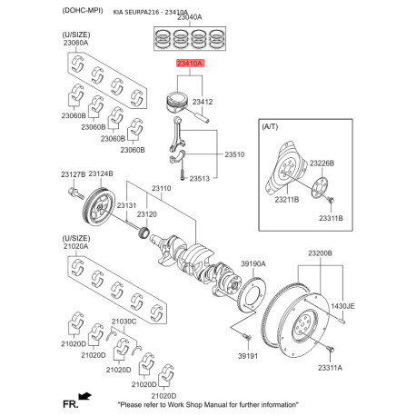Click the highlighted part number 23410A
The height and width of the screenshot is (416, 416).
tap(191, 64)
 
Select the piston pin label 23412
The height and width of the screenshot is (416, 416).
tap(203, 102)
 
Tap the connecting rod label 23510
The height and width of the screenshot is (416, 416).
tap(234, 154)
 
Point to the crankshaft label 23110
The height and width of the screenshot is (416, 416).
tap(161, 188)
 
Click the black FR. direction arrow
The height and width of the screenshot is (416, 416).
tap(84, 396)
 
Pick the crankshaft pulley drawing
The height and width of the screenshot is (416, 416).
tap(99, 206)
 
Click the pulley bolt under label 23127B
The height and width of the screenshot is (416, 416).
tap(76, 193)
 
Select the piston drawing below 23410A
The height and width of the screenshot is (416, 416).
tap(178, 103)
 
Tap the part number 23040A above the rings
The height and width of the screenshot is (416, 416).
tap(190, 17)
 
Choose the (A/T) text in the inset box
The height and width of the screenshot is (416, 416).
tap(270, 126)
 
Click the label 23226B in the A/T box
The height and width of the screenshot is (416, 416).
tap(322, 163)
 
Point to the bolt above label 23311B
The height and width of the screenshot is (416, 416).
tap(330, 200)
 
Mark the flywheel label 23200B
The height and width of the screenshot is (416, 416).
tap(320, 253)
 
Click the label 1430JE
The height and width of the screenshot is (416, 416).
tap(342, 306)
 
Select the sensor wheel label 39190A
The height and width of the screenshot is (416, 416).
tap(253, 264)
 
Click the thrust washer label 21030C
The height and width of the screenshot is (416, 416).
tap(124, 322)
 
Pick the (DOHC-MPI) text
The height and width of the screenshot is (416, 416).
tap(83, 11)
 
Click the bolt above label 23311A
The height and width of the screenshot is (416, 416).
tap(330, 350)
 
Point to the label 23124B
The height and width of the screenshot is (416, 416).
tap(101, 173)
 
